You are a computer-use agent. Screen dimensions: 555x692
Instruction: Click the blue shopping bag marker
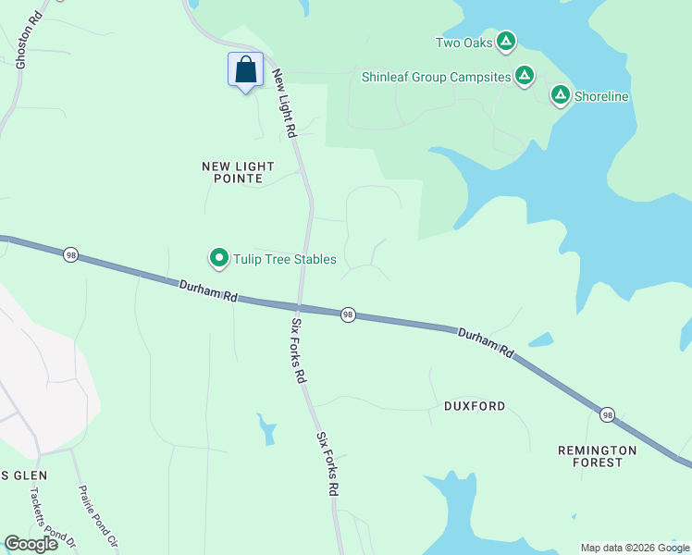click(245, 70)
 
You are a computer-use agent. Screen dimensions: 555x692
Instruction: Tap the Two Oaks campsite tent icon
click(505, 42)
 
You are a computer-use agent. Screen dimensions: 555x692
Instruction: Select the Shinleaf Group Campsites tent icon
click(525, 76)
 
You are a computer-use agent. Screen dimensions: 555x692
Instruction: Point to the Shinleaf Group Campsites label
click(437, 77)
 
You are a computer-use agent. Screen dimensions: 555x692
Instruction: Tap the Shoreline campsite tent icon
click(560, 95)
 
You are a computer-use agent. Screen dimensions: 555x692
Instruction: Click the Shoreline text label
click(601, 96)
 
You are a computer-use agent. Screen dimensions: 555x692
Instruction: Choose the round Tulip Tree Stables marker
click(219, 258)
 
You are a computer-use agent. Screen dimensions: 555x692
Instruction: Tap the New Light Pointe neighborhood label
click(239, 172)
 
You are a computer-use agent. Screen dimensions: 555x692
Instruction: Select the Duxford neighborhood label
click(475, 406)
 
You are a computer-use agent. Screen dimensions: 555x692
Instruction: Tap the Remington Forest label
click(597, 456)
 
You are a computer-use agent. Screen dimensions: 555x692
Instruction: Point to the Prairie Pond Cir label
click(99, 518)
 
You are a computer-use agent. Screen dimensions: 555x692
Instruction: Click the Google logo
click(31, 544)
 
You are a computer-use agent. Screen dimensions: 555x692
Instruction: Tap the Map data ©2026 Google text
click(635, 548)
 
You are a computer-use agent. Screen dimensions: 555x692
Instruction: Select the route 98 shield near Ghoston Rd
click(70, 254)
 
